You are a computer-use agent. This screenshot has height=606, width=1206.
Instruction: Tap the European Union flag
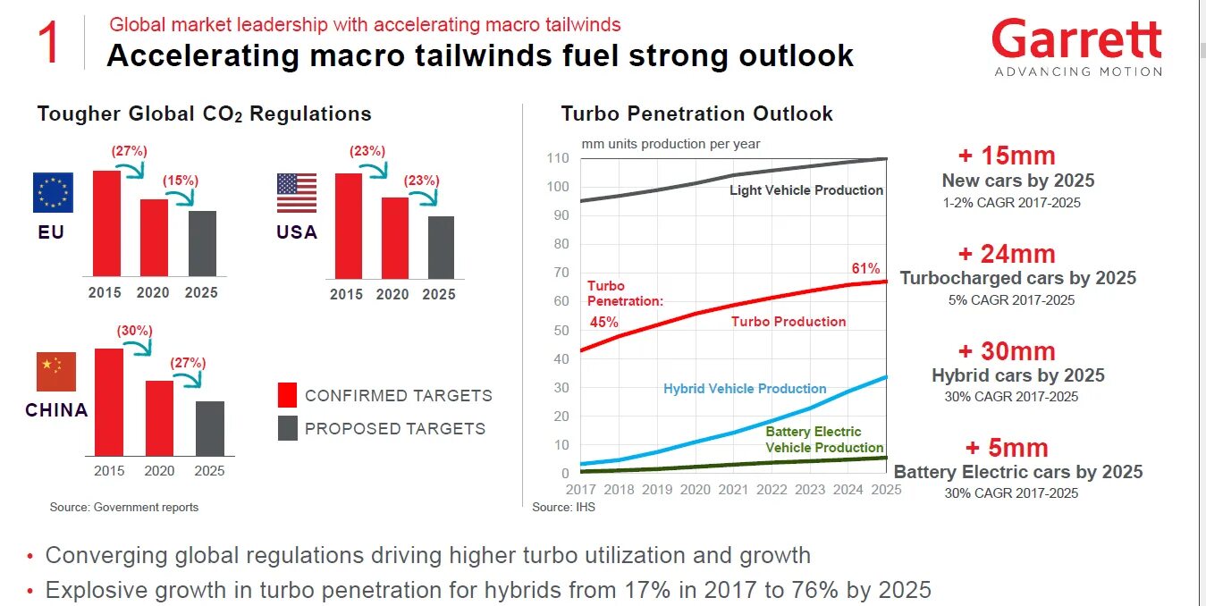[x=53, y=192]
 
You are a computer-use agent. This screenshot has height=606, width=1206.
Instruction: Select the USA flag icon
[x=297, y=193]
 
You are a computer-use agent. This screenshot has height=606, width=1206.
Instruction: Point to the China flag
[x=55, y=372]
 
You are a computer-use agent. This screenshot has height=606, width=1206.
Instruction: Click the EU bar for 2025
[x=202, y=243]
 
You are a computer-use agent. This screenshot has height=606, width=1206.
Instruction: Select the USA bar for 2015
[x=348, y=226]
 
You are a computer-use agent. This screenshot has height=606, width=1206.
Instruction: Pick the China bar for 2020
[x=159, y=418]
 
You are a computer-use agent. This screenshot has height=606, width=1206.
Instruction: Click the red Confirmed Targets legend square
[x=287, y=395]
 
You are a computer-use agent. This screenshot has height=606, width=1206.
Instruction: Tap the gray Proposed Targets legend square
[x=287, y=428]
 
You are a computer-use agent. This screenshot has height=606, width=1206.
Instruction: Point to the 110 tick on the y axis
[x=557, y=158]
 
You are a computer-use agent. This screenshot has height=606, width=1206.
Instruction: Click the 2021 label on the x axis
[x=733, y=490]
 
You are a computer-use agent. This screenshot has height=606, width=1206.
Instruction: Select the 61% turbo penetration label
[x=865, y=268]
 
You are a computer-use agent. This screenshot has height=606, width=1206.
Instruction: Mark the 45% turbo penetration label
[x=603, y=323]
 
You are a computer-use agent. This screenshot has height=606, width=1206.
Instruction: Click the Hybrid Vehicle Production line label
[x=745, y=389]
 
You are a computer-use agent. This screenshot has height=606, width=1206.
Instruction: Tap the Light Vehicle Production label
[x=805, y=190]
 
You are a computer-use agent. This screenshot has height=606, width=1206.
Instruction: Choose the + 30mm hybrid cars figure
[x=1007, y=351]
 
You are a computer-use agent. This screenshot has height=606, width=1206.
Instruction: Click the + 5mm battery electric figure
[x=1007, y=448]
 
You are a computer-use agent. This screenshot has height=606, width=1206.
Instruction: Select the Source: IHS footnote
[x=563, y=507]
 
